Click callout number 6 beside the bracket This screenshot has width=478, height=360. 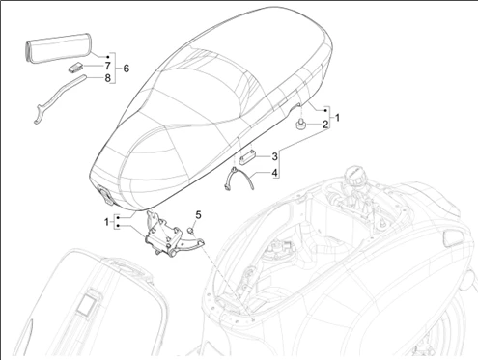tap(127, 69)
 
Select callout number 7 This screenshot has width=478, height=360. tap(107, 66)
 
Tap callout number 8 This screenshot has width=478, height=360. tap(107, 78)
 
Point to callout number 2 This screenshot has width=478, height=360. tap(325, 125)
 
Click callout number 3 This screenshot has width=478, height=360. tap(274, 156)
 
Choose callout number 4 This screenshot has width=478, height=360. tap(274, 173)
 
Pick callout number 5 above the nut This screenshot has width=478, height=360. tap(198, 214)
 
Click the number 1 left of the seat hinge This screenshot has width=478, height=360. tap(106, 222)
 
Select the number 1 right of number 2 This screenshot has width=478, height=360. tap(337, 118)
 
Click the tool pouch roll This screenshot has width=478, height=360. tap(58, 47)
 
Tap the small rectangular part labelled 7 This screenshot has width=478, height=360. tap(75, 68)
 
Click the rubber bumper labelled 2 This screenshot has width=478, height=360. tap(300, 125)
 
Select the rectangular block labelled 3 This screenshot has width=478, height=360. tap(248, 158)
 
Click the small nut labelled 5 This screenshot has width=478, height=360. tap(190, 230)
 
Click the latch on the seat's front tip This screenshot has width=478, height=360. tap(105, 195)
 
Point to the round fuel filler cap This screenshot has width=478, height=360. tap(355, 175)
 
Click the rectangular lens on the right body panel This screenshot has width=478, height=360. tap(454, 238)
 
